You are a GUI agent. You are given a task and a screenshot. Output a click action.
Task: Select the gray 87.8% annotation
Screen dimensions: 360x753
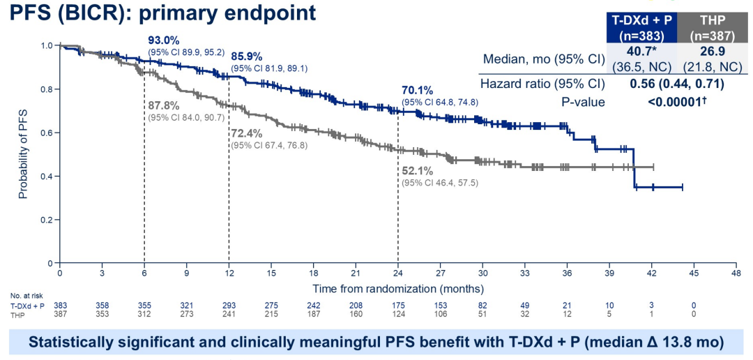tap(163, 105)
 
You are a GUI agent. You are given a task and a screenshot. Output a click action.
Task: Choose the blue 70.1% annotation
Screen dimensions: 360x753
tap(417, 91)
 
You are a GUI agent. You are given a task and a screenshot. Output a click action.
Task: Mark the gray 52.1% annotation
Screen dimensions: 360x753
tap(417, 171)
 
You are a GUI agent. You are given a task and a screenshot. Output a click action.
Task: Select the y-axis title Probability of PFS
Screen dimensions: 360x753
tap(23, 155)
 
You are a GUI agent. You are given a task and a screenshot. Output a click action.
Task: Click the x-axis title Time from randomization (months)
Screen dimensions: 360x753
tap(397, 287)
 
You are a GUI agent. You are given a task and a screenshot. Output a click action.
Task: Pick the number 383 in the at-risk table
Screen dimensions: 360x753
tap(60, 306)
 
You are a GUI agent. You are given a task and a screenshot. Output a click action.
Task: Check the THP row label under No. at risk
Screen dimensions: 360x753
tap(18, 315)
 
